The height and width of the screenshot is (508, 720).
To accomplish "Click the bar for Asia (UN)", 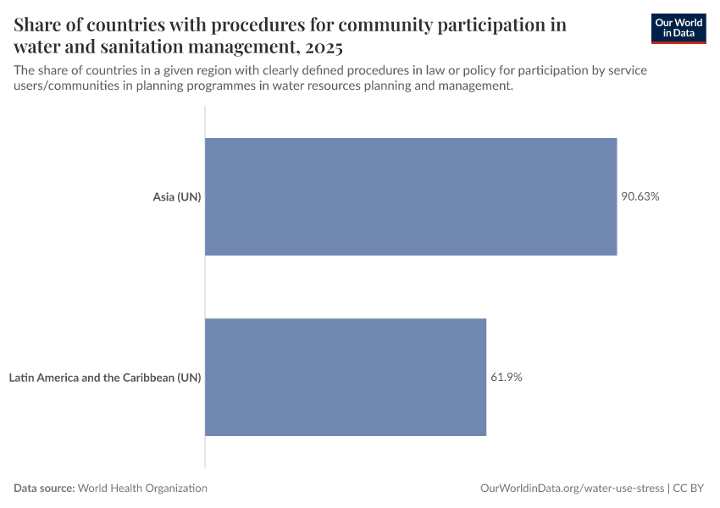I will (411, 196).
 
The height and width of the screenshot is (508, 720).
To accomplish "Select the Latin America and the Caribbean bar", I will (346, 378).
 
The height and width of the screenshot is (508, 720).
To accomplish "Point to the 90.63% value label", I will (640, 196).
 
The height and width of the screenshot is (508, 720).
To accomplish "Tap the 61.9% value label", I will (507, 378).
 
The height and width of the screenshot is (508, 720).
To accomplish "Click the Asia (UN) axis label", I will (176, 196).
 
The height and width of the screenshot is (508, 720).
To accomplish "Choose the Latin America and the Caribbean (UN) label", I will (105, 378).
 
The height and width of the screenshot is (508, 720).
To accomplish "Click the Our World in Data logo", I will (678, 28).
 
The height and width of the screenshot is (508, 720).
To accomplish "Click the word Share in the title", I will (39, 25).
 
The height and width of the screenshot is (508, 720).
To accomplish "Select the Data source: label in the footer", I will (44, 489).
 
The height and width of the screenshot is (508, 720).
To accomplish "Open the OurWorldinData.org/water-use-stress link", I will (572, 489).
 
